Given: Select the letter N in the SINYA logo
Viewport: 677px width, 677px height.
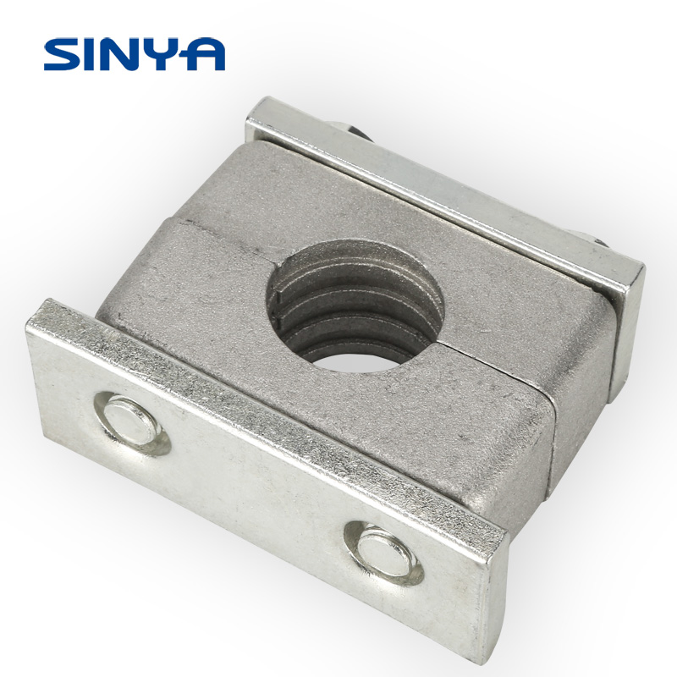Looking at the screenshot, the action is coord(129,54).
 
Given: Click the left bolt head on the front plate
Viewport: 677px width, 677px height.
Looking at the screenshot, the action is coord(132,422).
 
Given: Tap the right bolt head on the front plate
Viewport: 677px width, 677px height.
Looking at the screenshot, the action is coord(384,553).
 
